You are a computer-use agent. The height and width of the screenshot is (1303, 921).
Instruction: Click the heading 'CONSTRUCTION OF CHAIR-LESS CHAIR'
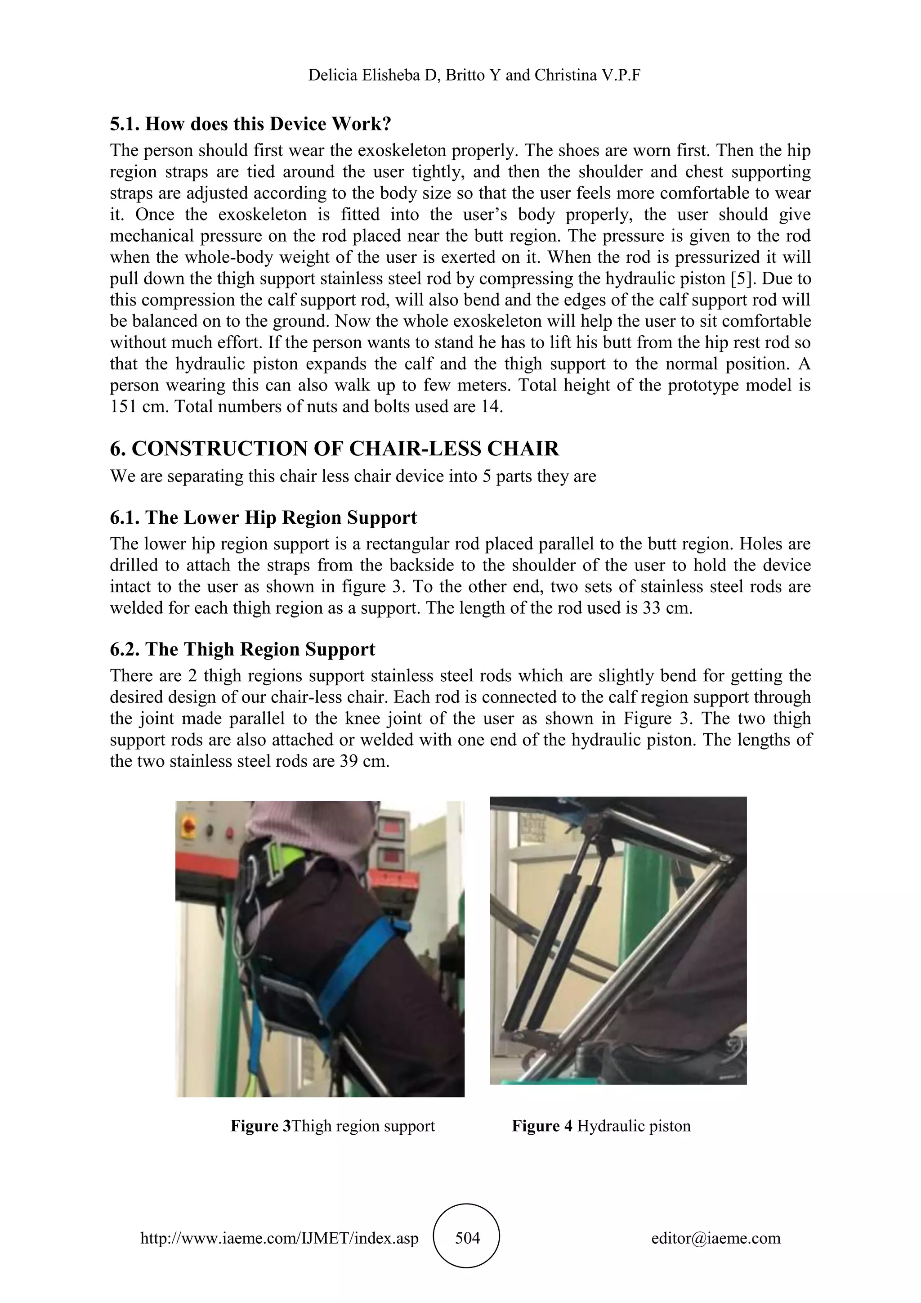345,449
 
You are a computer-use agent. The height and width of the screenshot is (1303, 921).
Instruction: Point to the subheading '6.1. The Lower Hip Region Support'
263,517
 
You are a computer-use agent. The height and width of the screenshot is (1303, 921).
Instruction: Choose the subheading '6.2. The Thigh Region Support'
243,649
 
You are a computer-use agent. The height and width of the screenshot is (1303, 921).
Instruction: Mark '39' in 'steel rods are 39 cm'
349,761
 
